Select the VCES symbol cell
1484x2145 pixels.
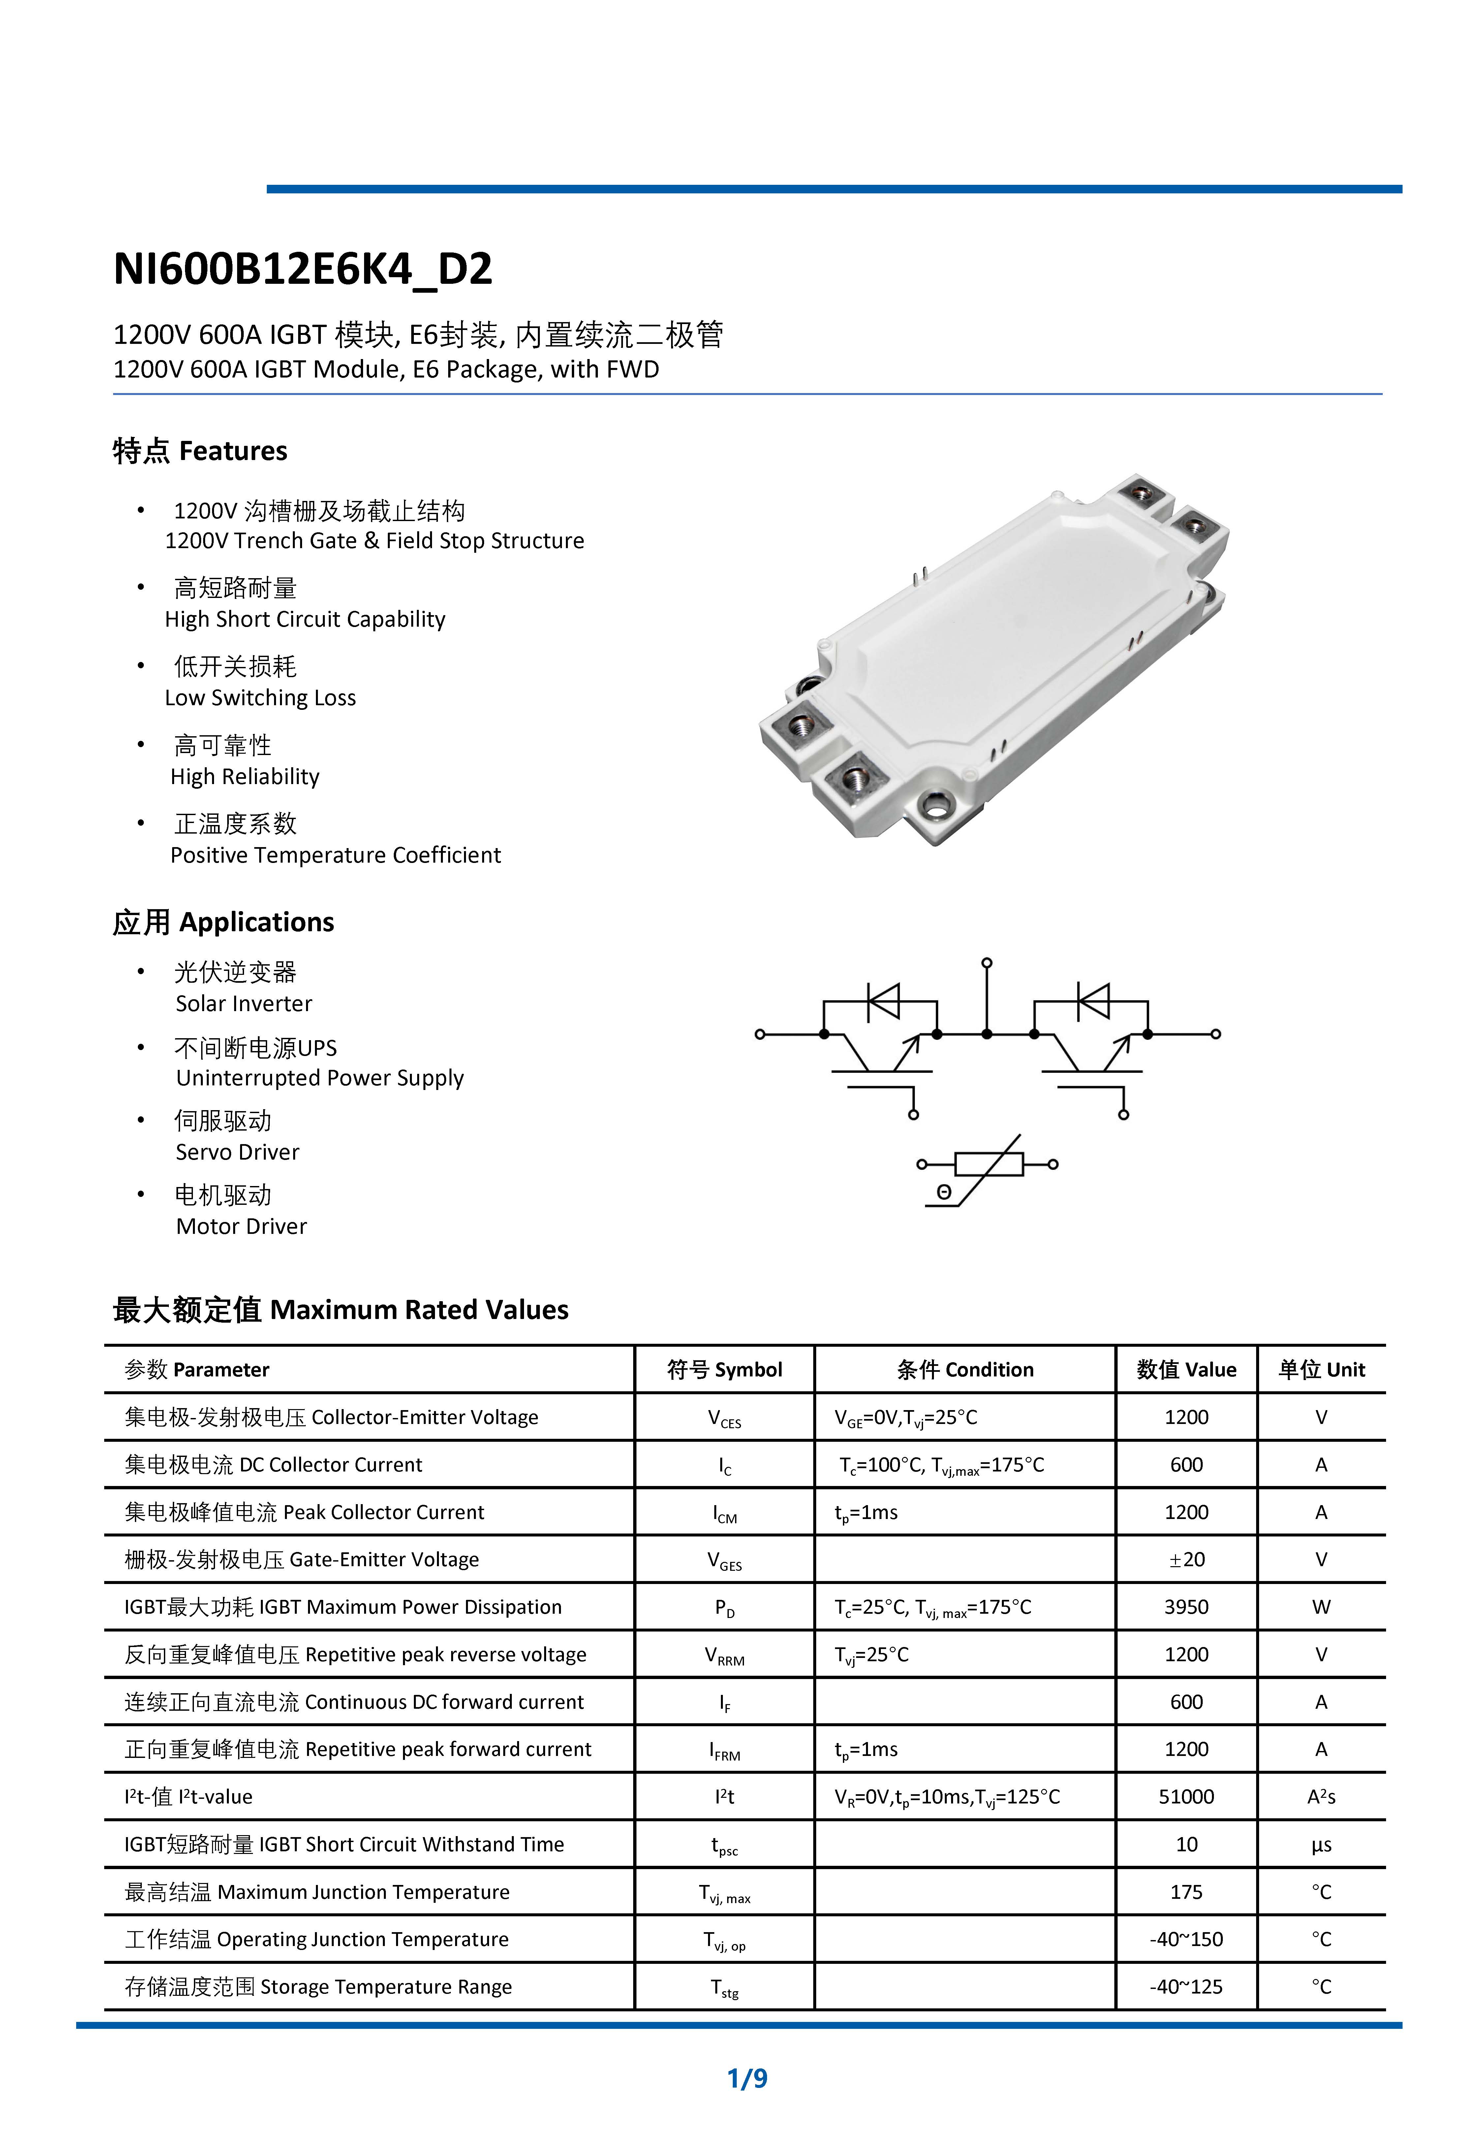click(x=724, y=1418)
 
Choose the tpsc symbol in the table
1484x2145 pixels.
click(x=724, y=1845)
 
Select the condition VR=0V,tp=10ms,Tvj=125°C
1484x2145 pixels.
click(x=946, y=1796)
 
